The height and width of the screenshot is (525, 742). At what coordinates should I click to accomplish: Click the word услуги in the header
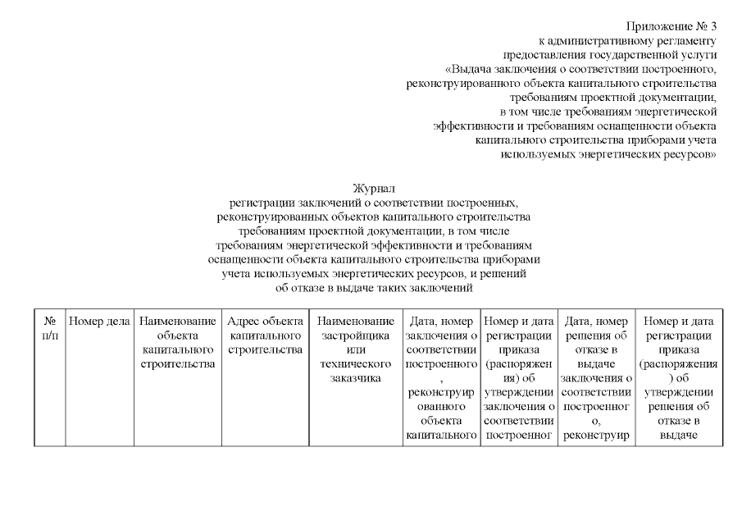click(x=699, y=54)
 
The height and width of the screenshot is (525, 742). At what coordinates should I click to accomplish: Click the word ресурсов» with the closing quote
click(x=689, y=153)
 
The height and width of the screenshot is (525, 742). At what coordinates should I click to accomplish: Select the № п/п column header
click(x=49, y=328)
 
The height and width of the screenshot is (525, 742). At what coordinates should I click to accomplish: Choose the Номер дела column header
click(x=99, y=322)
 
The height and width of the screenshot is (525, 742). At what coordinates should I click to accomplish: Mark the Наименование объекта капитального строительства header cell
click(x=178, y=343)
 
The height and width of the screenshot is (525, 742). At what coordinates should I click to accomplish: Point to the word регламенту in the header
click(x=687, y=40)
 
